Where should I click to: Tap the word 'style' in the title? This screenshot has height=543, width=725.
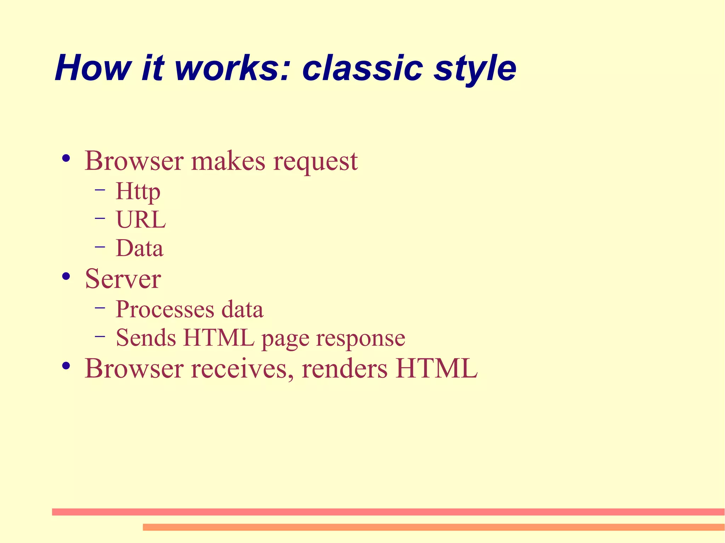(475, 69)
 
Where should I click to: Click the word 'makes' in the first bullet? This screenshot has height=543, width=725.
(228, 161)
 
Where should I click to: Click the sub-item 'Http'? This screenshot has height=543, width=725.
(138, 192)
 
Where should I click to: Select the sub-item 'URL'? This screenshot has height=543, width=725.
(141, 220)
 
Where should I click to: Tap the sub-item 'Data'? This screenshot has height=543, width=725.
(139, 248)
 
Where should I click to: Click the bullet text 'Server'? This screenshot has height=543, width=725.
(123, 279)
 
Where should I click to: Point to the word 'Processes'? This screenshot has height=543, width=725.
(165, 310)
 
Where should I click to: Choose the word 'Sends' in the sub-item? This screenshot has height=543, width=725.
(146, 338)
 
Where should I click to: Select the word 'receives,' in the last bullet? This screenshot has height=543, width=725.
(242, 369)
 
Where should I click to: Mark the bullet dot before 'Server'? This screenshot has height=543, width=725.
(66, 276)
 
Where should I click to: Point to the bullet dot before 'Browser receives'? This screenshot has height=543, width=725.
(66, 366)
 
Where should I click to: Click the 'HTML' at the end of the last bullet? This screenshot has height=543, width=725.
(437, 369)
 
